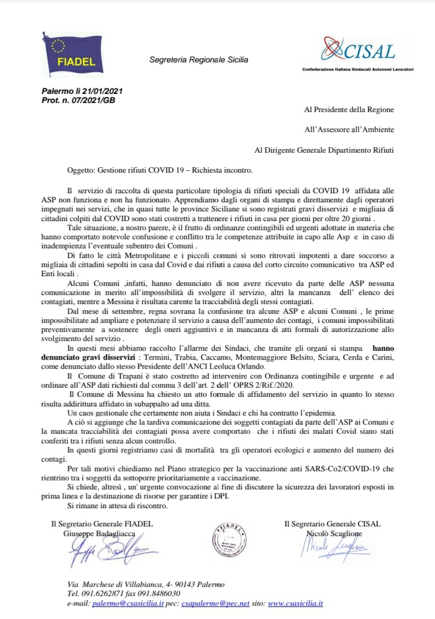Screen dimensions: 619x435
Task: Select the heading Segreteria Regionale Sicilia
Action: [x=198, y=59]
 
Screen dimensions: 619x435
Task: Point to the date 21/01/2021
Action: [x=100, y=91]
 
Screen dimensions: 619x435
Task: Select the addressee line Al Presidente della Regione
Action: [x=348, y=110]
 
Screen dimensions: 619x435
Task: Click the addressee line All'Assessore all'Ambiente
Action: [x=349, y=129]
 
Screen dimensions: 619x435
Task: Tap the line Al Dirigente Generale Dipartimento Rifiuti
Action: [x=324, y=149]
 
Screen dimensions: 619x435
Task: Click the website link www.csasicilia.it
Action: [x=295, y=603]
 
